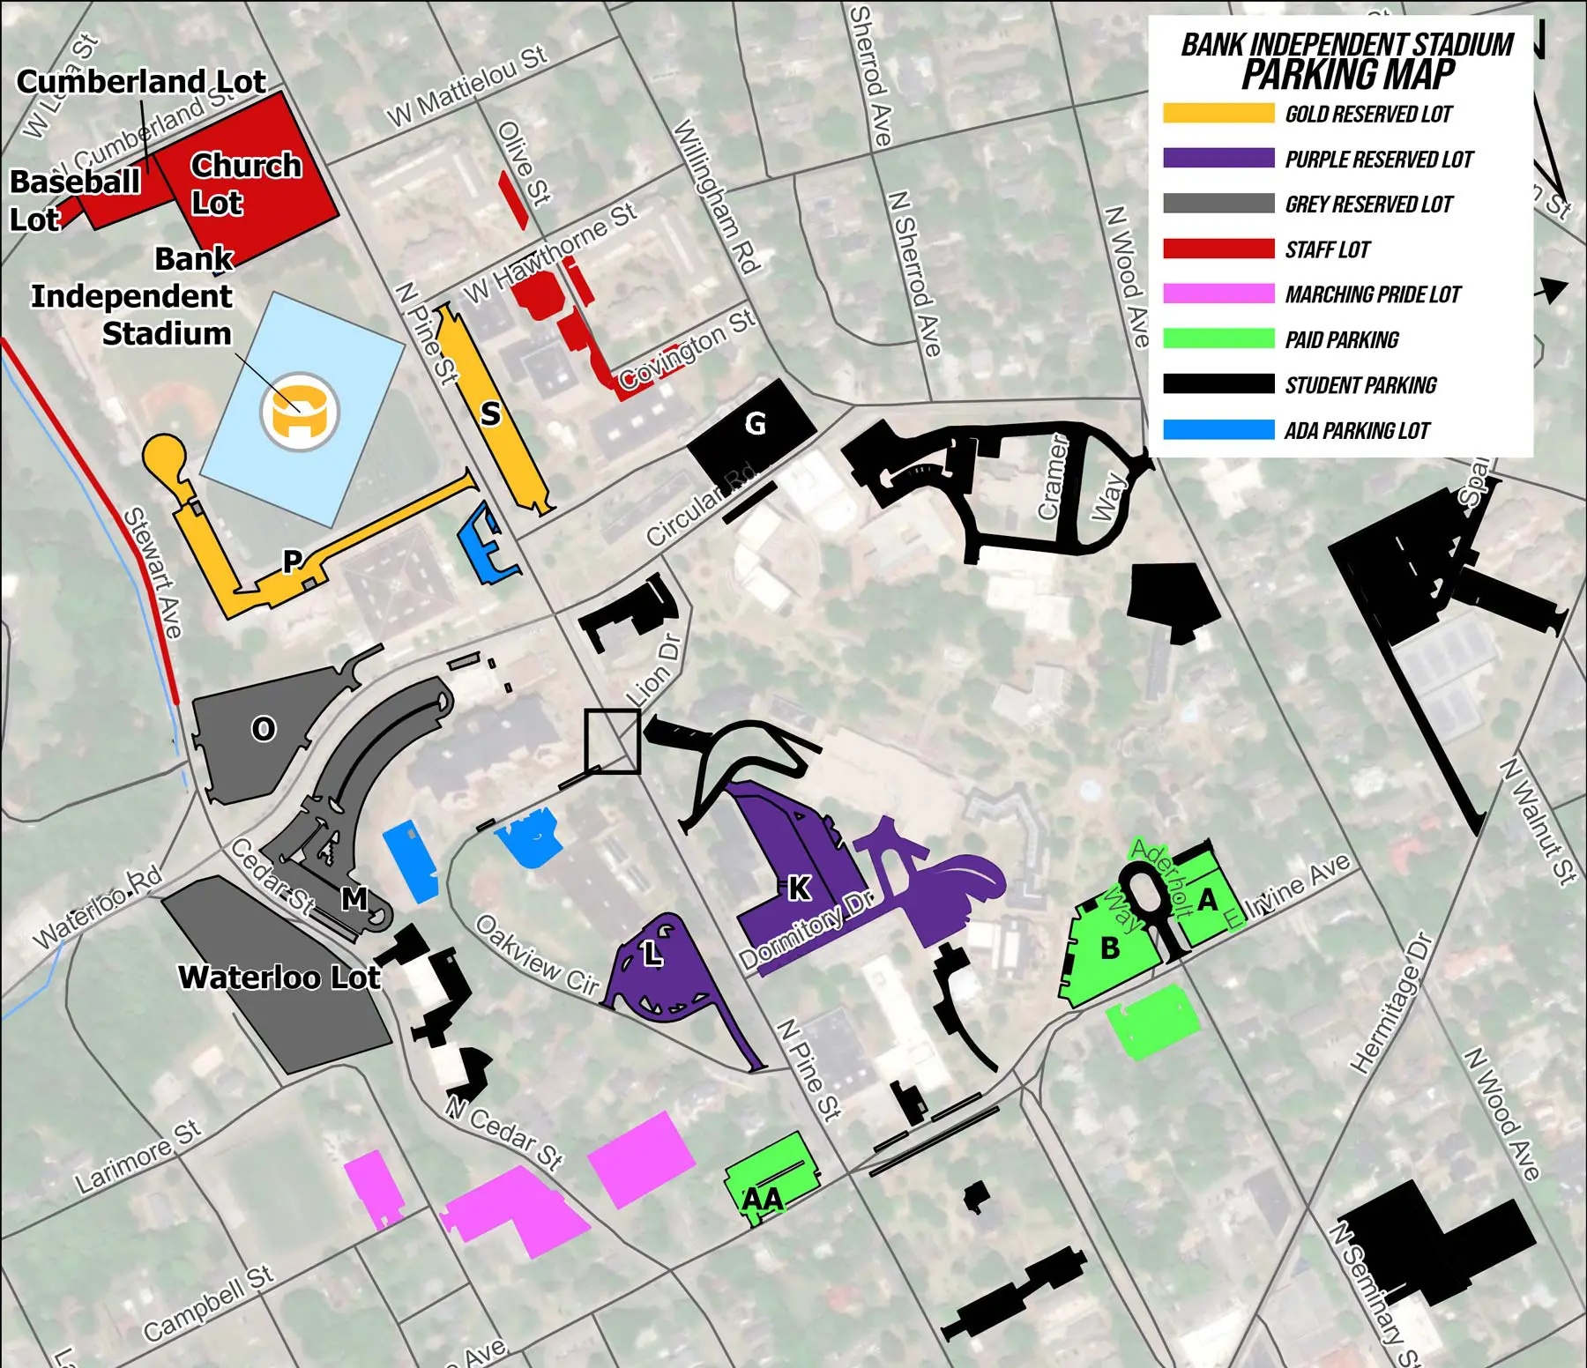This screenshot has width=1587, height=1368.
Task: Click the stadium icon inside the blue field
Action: (x=300, y=412)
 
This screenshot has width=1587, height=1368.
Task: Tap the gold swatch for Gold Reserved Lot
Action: (x=1218, y=114)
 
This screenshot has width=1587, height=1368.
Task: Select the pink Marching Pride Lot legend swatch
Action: (x=1218, y=294)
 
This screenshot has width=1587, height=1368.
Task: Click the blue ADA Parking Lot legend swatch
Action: (x=1218, y=430)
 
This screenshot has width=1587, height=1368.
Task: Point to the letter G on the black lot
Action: (x=755, y=424)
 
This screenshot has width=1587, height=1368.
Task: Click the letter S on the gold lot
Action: (x=490, y=413)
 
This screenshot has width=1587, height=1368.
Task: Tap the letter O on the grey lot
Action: (x=263, y=729)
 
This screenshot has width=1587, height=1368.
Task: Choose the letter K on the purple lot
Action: (x=799, y=888)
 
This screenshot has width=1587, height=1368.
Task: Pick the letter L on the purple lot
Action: (x=652, y=953)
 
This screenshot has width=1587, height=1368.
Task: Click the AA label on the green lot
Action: (x=763, y=1199)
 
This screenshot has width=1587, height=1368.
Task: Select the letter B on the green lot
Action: (x=1110, y=948)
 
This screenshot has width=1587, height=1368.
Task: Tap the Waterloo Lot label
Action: (x=279, y=978)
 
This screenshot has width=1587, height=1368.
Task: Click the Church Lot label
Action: (x=245, y=184)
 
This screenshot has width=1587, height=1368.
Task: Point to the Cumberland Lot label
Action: (x=141, y=82)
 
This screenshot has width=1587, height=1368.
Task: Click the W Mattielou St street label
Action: (x=467, y=85)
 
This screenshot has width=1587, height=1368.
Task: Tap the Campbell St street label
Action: (x=209, y=1303)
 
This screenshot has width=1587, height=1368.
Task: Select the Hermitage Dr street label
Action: (x=1392, y=1003)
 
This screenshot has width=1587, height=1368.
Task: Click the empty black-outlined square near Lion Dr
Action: (x=612, y=741)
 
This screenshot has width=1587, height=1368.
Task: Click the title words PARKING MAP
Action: (x=1347, y=75)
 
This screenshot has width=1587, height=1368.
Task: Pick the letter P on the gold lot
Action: (x=292, y=561)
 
